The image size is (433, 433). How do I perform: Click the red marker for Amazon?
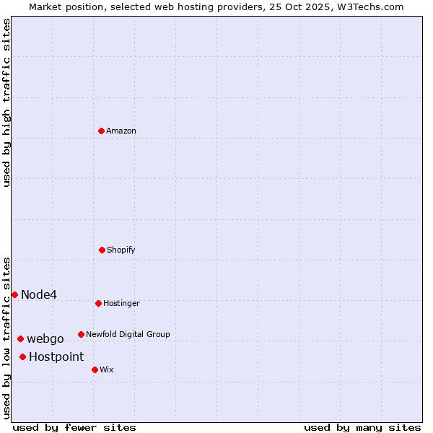(102, 131)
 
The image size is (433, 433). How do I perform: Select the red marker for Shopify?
(102, 250)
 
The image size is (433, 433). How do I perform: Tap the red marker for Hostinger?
(98, 303)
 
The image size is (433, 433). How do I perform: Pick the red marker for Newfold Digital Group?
(81, 334)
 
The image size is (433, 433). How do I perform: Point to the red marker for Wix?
(95, 369)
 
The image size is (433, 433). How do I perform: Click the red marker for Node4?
(14, 294)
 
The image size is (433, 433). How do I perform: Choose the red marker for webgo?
(20, 338)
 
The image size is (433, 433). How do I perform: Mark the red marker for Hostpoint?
(23, 357)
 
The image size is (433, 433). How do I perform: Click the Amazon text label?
(121, 131)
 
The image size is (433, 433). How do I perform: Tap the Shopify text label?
(121, 250)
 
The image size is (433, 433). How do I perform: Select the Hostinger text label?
(121, 303)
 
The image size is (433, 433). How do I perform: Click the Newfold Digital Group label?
(128, 334)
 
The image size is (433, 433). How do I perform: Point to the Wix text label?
(107, 369)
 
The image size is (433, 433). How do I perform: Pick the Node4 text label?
(39, 294)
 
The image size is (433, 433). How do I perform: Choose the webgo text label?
(45, 338)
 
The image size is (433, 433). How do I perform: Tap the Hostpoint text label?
(56, 357)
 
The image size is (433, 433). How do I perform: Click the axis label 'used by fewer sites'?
(74, 427)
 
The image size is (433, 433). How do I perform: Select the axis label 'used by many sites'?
(362, 427)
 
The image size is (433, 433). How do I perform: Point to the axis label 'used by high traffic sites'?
(6, 102)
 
